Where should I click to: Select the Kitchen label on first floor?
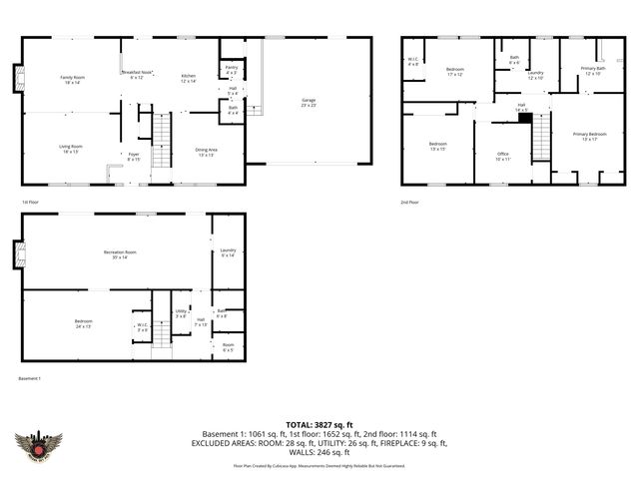pos(189,79)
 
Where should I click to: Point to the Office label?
pos(502,156)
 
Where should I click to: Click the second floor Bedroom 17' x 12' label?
pos(455,71)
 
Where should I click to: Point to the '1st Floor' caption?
pos(31,202)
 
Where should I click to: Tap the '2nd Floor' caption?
pos(409,202)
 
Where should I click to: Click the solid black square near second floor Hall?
pos(523,117)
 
